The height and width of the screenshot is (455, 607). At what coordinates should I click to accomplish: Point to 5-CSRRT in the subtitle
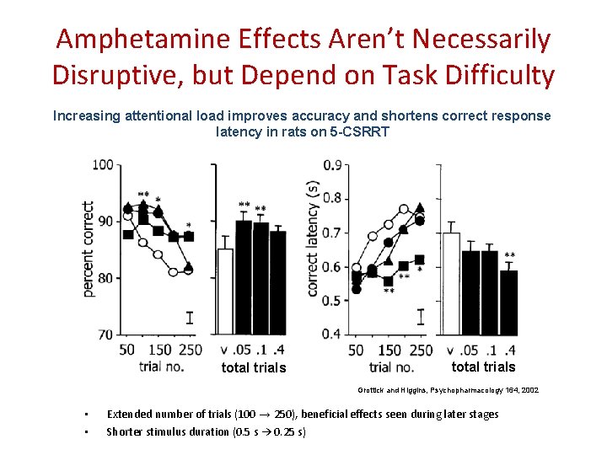[362, 131]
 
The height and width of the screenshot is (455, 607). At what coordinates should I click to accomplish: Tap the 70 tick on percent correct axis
[105, 335]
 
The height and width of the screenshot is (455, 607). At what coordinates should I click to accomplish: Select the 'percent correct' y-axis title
[88, 249]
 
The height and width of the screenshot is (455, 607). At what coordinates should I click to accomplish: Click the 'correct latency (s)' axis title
[313, 238]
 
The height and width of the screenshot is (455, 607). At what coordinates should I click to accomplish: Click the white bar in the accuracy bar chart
[225, 291]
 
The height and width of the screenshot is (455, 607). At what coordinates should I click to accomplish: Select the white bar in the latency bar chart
[451, 283]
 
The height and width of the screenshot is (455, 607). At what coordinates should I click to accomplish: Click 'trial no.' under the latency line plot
[391, 367]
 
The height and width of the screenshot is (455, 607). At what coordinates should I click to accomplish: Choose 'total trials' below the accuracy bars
[254, 367]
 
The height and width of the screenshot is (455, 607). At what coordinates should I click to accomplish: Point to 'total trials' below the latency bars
[483, 367]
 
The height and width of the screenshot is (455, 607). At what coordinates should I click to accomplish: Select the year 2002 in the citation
[529, 390]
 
